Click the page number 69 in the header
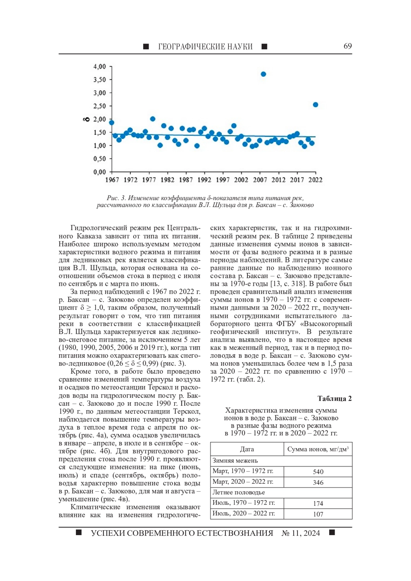[348, 46]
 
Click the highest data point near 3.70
[263, 74]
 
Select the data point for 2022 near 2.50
[315, 105]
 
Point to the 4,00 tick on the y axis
[100, 66]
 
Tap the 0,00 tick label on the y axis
[100, 172]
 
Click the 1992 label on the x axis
[204, 180]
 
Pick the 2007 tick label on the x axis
[260, 180]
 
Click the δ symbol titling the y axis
[87, 119]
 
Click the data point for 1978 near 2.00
[153, 119]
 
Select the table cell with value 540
[318, 472]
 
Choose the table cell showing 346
[318, 482]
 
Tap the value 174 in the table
[318, 504]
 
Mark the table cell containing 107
[318, 514]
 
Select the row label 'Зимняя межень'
[235, 461]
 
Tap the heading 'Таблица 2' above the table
[334, 399]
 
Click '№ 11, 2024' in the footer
[301, 533]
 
